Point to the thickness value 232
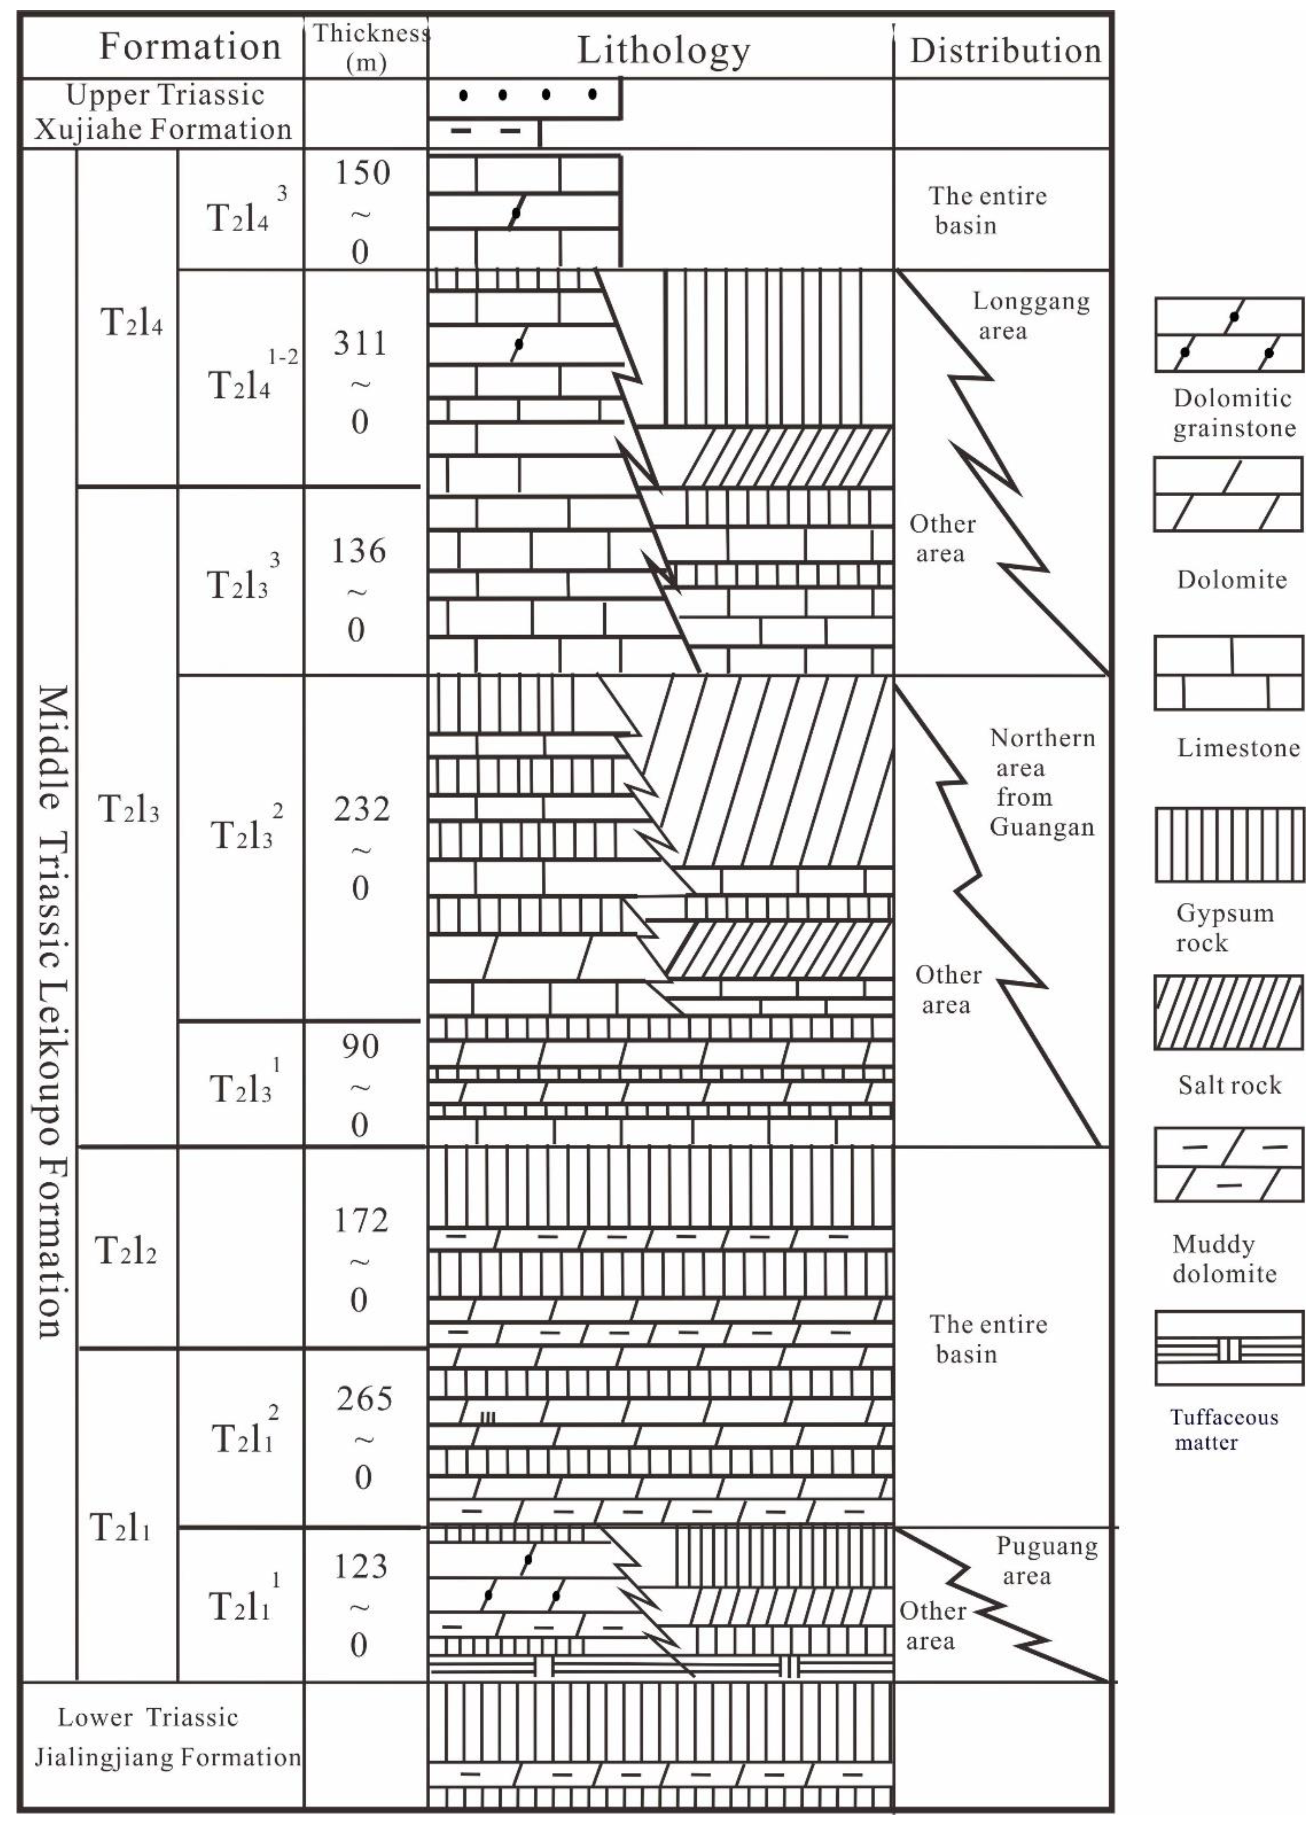361,809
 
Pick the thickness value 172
361,1221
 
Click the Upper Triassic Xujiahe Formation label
163,112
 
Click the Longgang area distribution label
1030,315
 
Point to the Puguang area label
1046,1560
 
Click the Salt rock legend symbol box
1227,1013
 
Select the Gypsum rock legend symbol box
1227,845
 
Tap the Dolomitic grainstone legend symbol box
1227,334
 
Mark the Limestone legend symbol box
1227,673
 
